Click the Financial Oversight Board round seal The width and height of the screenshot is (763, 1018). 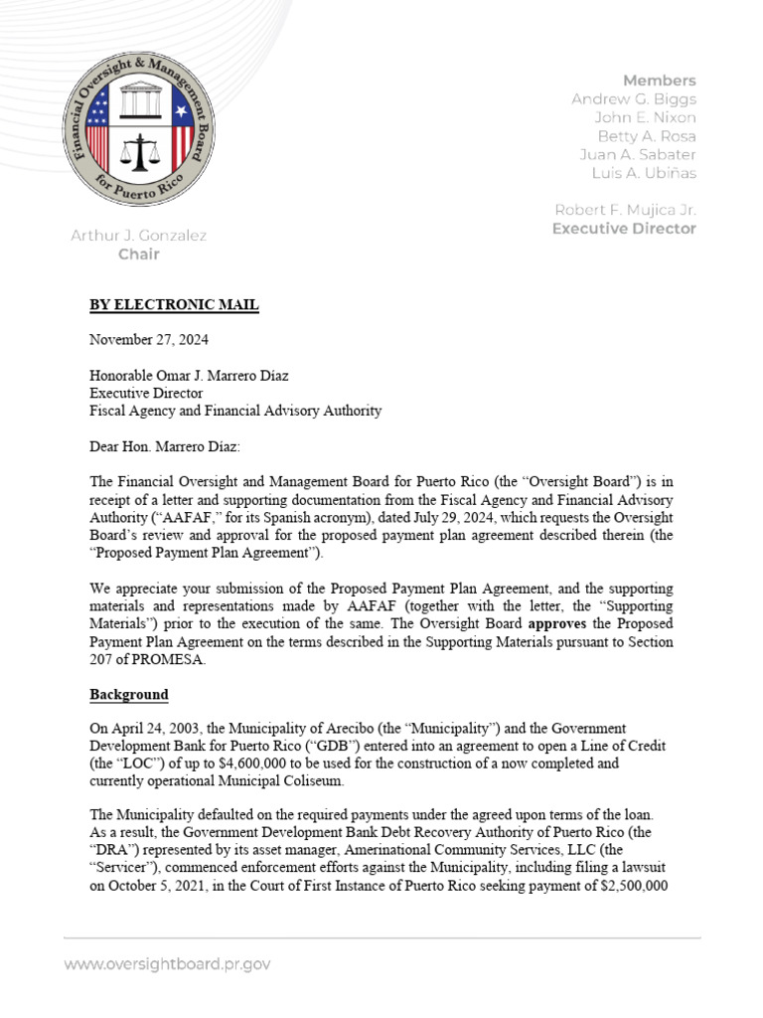[x=138, y=124]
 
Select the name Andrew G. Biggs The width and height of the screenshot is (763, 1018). [x=634, y=99]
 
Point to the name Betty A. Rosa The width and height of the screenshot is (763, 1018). [x=646, y=136]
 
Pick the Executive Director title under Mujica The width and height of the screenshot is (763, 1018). [x=624, y=229]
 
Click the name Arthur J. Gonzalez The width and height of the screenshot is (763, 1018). [x=138, y=236]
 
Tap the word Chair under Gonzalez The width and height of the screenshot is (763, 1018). [x=138, y=254]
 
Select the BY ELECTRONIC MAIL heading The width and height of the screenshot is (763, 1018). [x=174, y=305]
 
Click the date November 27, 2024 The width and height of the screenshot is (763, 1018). [x=149, y=340]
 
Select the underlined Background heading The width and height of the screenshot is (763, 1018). [x=129, y=694]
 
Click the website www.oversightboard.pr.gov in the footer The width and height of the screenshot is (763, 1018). [x=167, y=964]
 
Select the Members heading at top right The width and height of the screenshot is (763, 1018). [x=659, y=81]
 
